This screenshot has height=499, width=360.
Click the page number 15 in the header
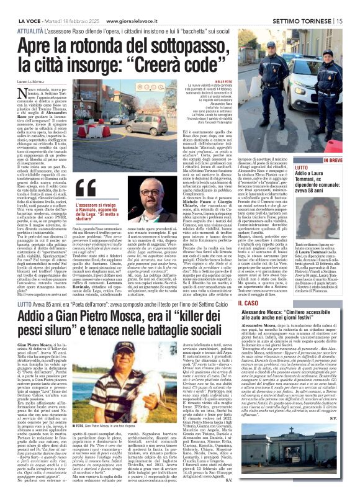(351, 20)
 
